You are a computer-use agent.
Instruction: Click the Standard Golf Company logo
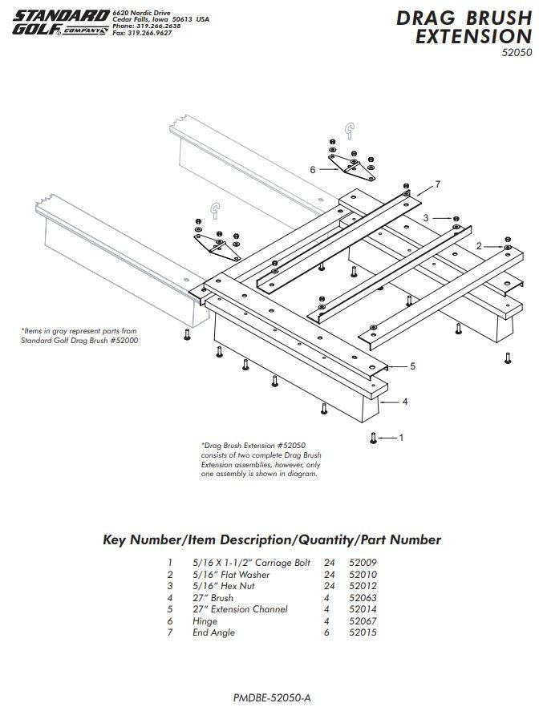click(x=60, y=22)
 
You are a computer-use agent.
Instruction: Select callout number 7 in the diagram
click(x=438, y=184)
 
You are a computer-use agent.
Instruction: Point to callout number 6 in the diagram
click(x=313, y=170)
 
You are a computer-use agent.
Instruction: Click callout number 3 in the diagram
click(x=426, y=217)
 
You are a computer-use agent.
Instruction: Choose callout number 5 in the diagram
click(x=412, y=366)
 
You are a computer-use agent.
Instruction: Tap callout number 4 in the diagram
click(x=405, y=402)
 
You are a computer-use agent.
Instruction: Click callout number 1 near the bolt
click(x=401, y=438)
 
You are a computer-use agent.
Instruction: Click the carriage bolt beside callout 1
click(x=373, y=438)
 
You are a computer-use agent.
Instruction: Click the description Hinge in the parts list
click(x=205, y=621)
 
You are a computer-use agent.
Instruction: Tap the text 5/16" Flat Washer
click(x=231, y=575)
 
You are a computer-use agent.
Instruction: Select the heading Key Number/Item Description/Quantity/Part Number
click(x=273, y=540)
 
